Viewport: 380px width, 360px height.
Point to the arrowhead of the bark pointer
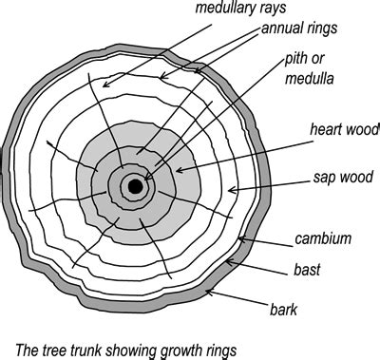pos(204,294)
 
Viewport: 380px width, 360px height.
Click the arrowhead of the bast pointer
pos(228,267)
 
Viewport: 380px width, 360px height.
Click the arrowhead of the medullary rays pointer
pos(103,88)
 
